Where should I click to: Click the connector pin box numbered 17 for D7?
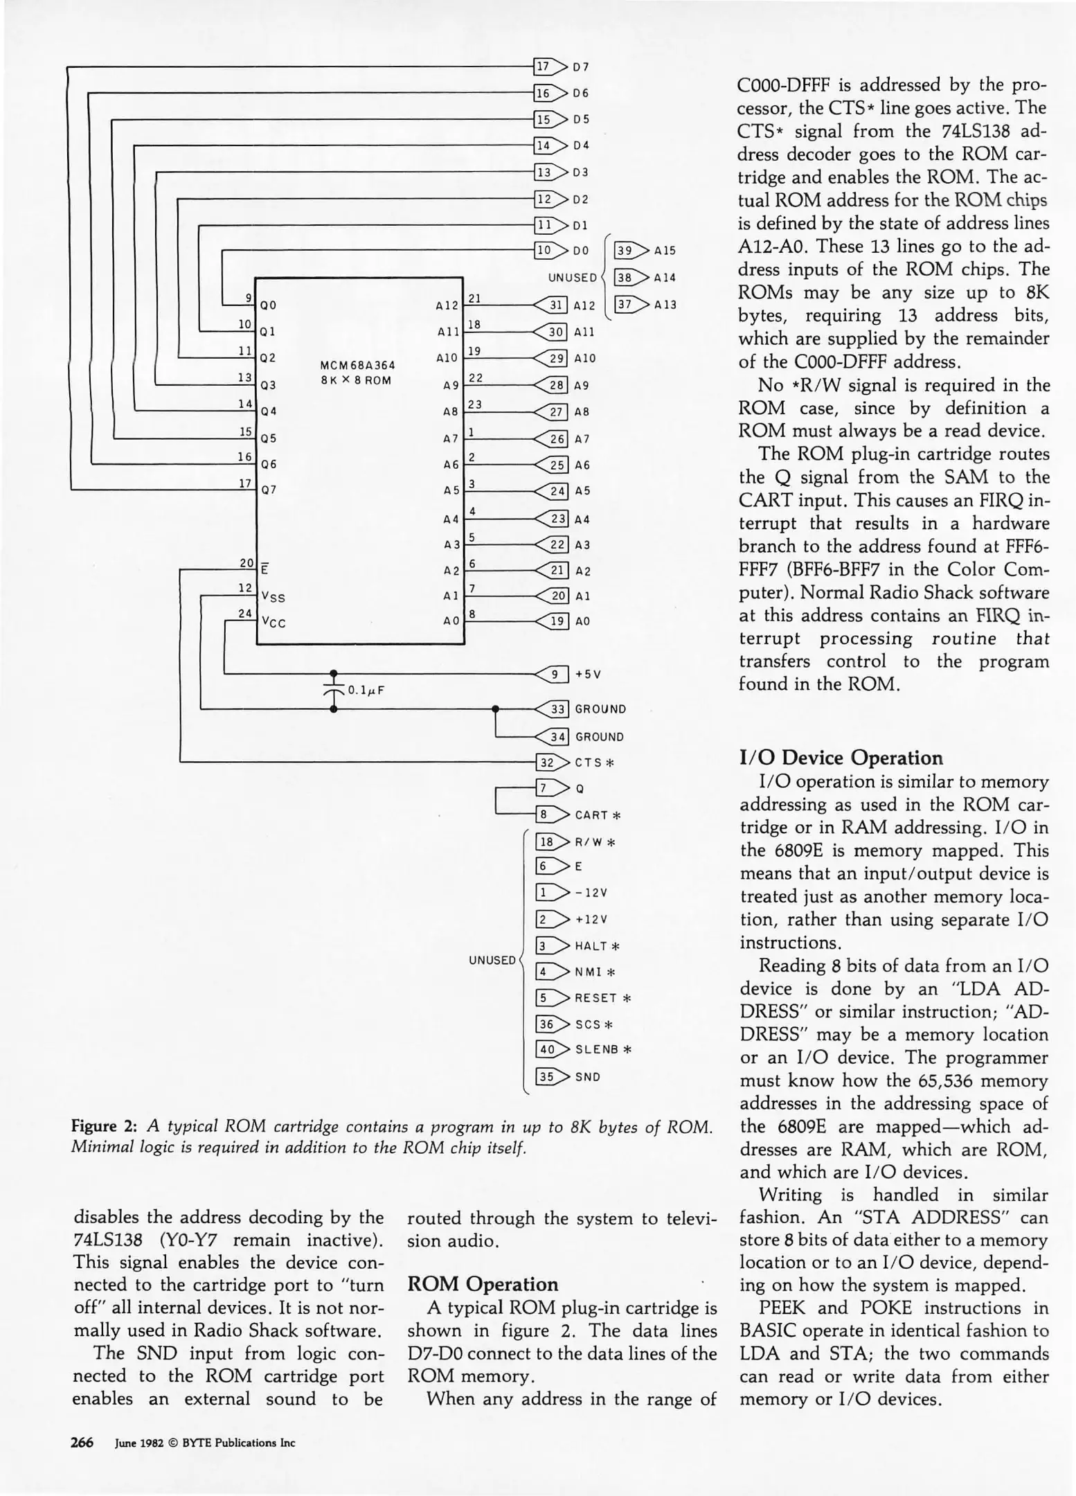coord(544,66)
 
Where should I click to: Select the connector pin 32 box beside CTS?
coord(547,763)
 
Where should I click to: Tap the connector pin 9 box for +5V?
coord(557,674)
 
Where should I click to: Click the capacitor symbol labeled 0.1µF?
coord(334,690)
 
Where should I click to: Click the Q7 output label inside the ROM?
coord(269,490)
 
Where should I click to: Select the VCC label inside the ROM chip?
coord(273,621)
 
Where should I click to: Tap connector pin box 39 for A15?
coord(625,251)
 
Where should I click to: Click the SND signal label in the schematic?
coord(587,1077)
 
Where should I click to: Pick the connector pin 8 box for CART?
coord(545,814)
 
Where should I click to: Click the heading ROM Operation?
coord(483,1284)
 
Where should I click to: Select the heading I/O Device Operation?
coord(841,758)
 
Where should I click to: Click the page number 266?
coord(82,1443)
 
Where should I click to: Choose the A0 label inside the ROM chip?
coord(451,621)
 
